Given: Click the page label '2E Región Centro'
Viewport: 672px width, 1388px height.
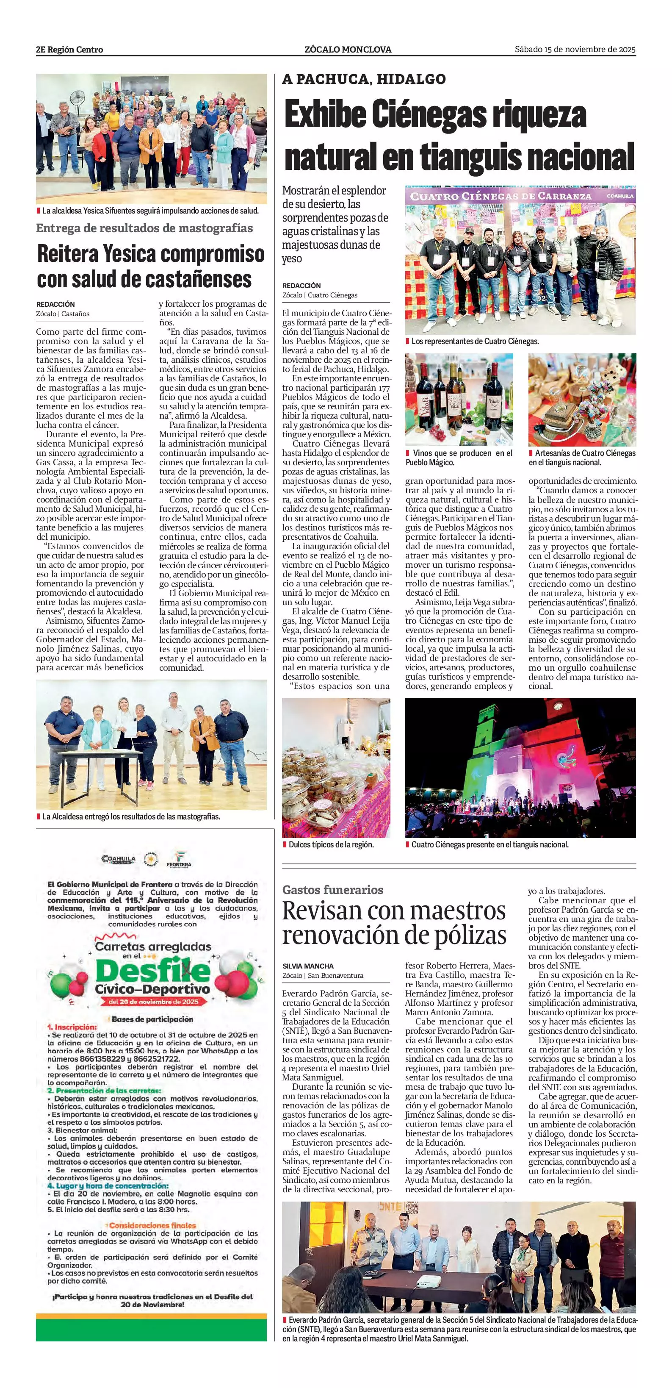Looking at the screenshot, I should [x=69, y=50].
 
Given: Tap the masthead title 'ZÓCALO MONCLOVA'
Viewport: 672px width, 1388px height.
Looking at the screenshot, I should [x=347, y=50].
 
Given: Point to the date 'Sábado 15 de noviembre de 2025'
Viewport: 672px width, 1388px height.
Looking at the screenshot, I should [x=575, y=49].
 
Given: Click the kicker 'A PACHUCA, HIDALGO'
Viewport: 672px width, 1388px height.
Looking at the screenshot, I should [x=363, y=80].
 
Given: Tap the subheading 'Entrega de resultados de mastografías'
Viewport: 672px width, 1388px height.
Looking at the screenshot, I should [x=144, y=228].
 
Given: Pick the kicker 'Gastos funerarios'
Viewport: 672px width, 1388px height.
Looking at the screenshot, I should [x=333, y=890].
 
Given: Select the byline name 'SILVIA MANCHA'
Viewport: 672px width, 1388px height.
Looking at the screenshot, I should [x=308, y=966].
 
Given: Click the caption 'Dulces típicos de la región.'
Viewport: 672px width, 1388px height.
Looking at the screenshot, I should [x=331, y=844].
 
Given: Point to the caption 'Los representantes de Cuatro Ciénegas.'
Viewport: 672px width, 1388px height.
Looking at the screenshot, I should [x=475, y=341].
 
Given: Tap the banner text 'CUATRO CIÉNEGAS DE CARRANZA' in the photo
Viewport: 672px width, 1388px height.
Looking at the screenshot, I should [x=501, y=196].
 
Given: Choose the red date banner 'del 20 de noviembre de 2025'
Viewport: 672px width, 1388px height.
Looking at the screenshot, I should [x=153, y=1002].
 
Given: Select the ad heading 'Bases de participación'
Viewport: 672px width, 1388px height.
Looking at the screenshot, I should [x=152, y=1019].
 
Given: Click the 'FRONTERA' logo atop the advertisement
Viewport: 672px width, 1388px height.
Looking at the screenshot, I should [x=179, y=859].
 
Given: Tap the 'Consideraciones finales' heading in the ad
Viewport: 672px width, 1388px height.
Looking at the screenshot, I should [x=152, y=1225].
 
